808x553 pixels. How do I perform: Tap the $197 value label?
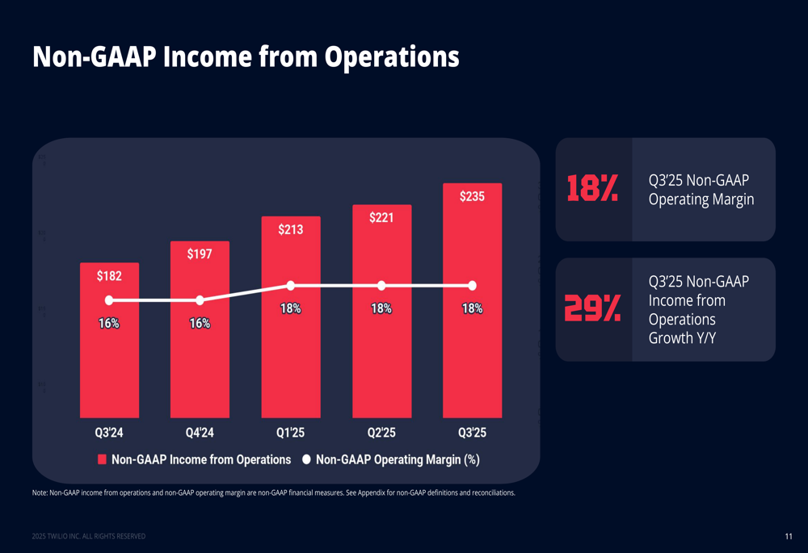tap(200, 254)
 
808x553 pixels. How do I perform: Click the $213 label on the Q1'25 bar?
tap(291, 229)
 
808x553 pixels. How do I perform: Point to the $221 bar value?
tap(381, 218)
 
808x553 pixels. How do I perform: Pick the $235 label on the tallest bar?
tap(472, 196)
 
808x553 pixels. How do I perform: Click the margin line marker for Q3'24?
tap(109, 300)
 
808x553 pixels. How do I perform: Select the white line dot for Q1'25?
tap(291, 285)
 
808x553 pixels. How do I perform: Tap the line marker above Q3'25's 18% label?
tap(472, 285)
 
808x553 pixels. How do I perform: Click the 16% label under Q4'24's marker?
tap(200, 323)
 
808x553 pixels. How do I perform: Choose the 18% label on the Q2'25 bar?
tap(381, 308)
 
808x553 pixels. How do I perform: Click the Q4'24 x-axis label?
tap(200, 433)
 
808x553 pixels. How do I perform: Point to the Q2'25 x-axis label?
tap(381, 433)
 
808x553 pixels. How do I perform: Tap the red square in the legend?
tap(103, 459)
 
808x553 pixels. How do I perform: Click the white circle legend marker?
tap(307, 459)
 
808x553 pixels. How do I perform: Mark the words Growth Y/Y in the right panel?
tap(682, 337)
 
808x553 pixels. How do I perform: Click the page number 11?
tap(788, 537)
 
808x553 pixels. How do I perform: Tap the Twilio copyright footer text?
tap(89, 537)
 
